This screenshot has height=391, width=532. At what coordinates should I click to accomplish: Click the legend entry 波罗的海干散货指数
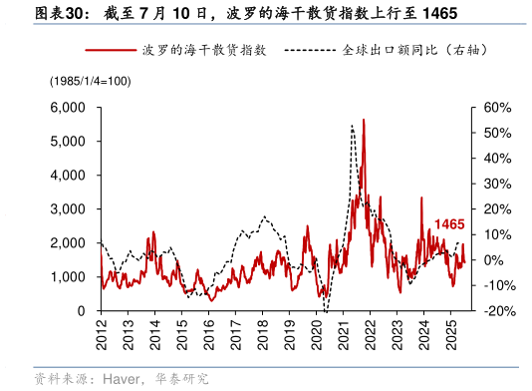click(203, 49)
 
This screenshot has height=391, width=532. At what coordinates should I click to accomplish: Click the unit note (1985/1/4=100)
click(89, 80)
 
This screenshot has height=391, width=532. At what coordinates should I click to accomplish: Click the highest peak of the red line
click(364, 119)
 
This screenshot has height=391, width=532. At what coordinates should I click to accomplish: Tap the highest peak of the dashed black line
click(352, 126)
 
